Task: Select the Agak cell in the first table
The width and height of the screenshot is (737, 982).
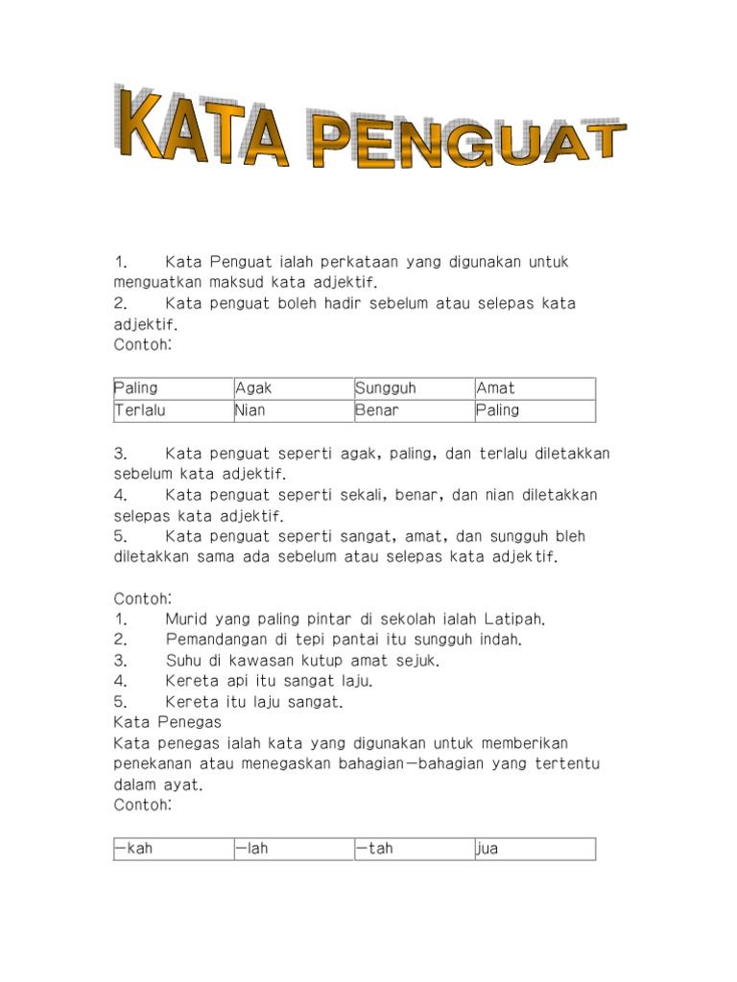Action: pos(294,388)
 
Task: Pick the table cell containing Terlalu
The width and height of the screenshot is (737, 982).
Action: pos(173,410)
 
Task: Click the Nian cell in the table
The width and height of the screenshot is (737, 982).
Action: pos(294,410)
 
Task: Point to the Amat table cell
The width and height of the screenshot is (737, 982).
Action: pos(535,388)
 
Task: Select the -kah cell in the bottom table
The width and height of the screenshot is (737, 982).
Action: pos(173,849)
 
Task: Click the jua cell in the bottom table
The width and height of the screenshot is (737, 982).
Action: pos(535,849)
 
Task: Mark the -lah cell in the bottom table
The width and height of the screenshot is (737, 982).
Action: pos(294,849)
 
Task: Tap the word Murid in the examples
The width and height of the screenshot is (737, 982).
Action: pos(186,619)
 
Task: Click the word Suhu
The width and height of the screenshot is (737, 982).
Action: pos(183,660)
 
